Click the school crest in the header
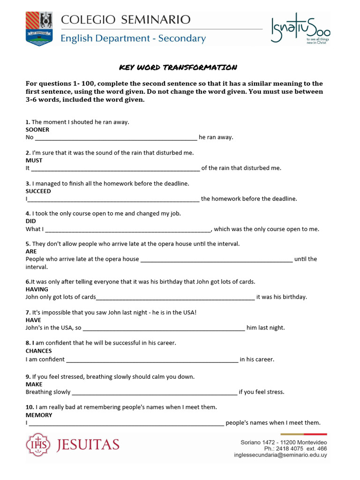[39, 29]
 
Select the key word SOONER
[37, 130]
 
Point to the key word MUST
[34, 160]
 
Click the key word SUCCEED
[38, 191]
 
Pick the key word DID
[30, 221]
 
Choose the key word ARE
[31, 252]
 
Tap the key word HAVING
[37, 290]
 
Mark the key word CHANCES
[38, 351]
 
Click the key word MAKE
[34, 384]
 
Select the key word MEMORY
[39, 415]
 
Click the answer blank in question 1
[116, 138]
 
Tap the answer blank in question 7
[164, 328]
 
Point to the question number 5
[28, 244]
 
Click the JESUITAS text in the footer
[88, 444]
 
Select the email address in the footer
[280, 455]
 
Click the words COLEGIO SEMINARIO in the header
[126, 20]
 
